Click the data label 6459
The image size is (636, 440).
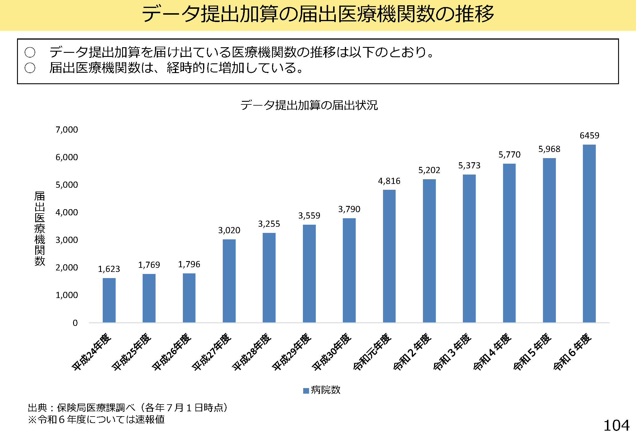pyautogui.click(x=589, y=136)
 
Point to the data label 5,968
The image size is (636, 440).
pyautogui.click(x=549, y=149)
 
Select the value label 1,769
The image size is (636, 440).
pyautogui.click(x=149, y=265)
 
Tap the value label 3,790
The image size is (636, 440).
pyautogui.click(x=349, y=209)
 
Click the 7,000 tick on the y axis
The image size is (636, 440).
pyautogui.click(x=67, y=130)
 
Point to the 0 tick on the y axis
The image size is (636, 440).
pyautogui.click(x=75, y=323)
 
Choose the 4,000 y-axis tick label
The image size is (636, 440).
pyautogui.click(x=67, y=212)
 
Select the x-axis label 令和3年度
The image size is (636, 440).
pyautogui.click(x=452, y=352)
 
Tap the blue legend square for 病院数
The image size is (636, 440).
pyautogui.click(x=306, y=391)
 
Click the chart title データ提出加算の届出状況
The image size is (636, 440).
pyautogui.click(x=309, y=105)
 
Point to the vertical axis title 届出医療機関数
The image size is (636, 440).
pyautogui.click(x=40, y=229)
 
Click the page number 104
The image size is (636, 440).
pyautogui.click(x=616, y=426)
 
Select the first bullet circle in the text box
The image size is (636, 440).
pyautogui.click(x=30, y=53)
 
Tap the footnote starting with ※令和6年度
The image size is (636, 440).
pyautogui.click(x=96, y=419)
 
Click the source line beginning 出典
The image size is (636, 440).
pyautogui.click(x=128, y=407)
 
